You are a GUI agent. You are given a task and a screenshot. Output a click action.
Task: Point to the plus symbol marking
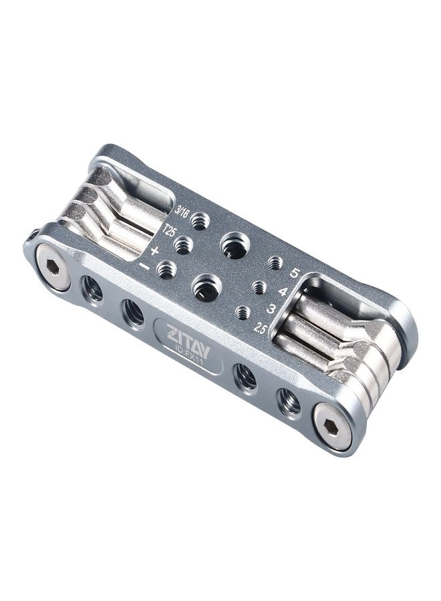(155, 250)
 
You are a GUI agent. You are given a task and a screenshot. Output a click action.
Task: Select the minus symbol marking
(144, 266)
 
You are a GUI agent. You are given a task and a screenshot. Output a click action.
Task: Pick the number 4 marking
(283, 291)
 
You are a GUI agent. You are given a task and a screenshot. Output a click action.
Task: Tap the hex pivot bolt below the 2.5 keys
(333, 428)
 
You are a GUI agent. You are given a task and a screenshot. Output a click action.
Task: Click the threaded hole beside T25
(184, 245)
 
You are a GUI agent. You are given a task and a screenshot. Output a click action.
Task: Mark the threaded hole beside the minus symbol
(167, 270)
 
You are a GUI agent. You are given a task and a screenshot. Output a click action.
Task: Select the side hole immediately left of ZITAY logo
(133, 312)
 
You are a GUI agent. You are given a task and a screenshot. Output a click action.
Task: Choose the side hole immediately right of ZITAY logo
(245, 377)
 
